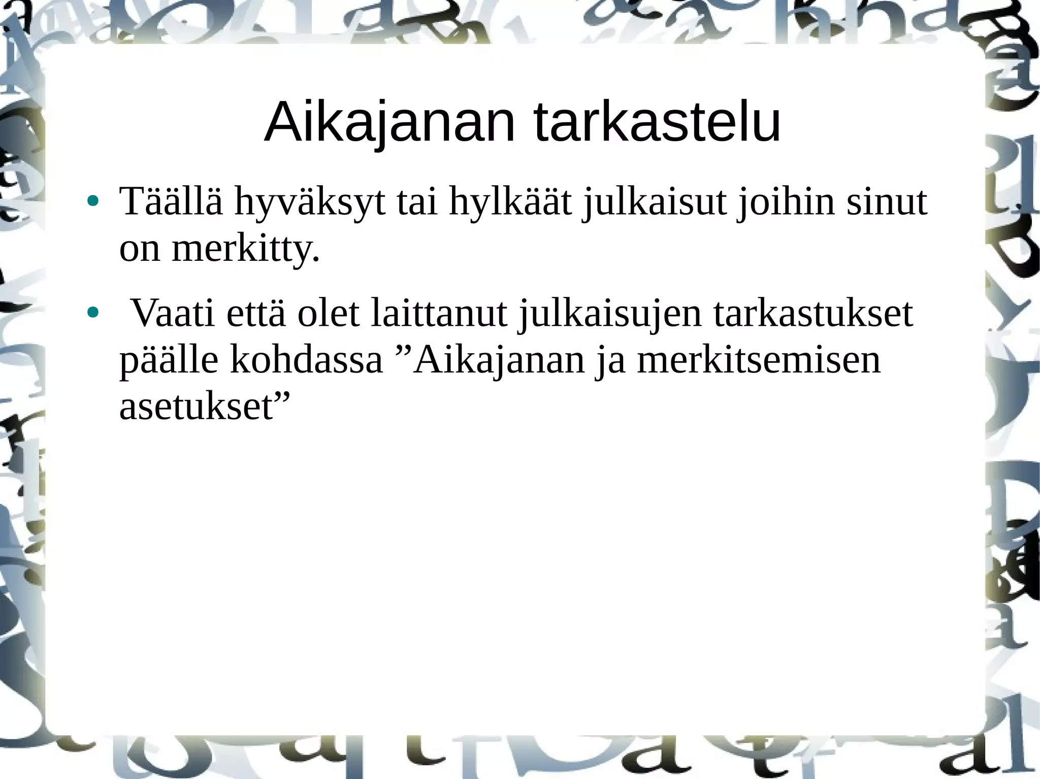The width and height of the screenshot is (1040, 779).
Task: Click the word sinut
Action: [886, 201]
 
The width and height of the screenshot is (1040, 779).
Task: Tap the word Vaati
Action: [174, 313]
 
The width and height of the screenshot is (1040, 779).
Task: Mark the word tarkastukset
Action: [813, 313]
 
